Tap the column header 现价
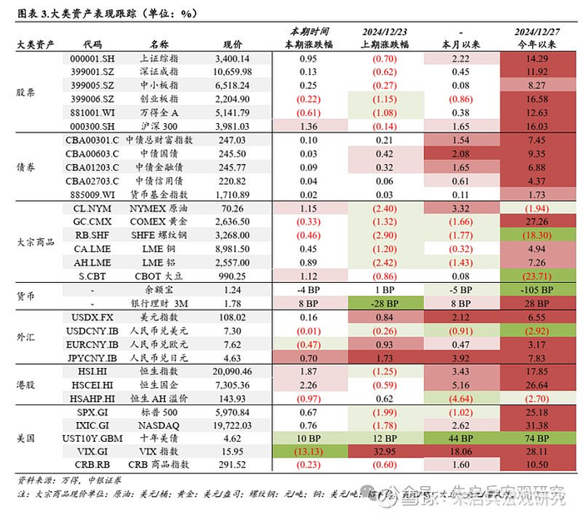pos(234,43)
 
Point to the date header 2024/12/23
pos(385,31)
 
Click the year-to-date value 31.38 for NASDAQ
pos(536,425)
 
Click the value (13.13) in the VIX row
pos(306,452)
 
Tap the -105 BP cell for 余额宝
pos(536,289)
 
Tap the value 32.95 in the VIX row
pos(385,452)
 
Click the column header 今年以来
pos(536,43)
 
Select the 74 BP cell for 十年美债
pos(536,439)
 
